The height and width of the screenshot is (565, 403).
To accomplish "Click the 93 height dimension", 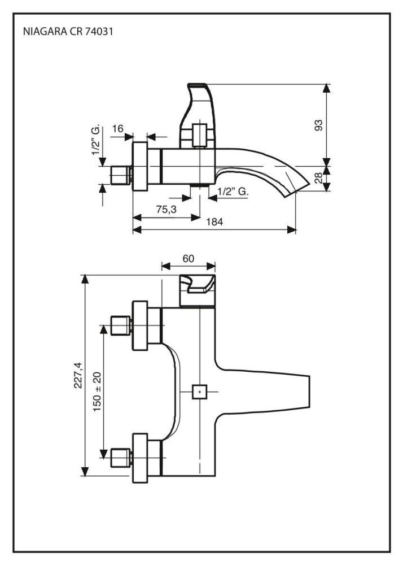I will [319, 125].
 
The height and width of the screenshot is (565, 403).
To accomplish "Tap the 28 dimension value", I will [319, 179].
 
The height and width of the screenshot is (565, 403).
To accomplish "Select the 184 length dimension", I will [214, 222].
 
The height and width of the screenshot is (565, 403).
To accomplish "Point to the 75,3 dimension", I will [166, 209].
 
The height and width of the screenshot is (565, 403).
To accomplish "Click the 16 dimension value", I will [117, 129].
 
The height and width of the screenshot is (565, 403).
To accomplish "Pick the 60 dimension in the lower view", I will [189, 258].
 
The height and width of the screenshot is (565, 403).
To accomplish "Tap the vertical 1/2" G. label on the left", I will [97, 141].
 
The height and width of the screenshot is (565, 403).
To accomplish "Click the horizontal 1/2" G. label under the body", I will [233, 192].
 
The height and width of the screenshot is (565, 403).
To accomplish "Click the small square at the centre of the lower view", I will [199, 391].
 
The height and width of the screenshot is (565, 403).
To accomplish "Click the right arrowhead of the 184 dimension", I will [294, 230].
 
